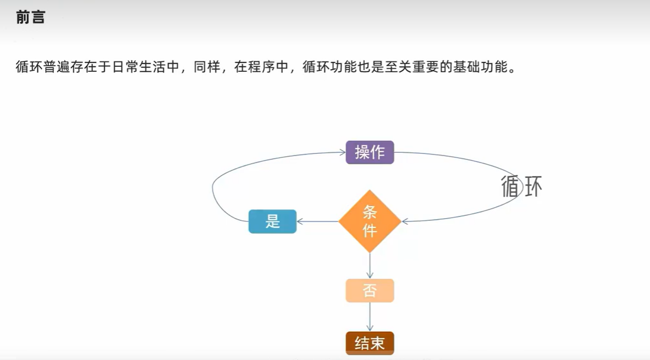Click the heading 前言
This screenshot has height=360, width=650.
[x=30, y=17]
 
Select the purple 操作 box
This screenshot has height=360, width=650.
[x=370, y=152]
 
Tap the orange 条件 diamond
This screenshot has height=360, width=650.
[x=370, y=221]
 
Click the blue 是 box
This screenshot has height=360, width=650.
[x=273, y=221]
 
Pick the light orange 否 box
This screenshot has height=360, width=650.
[x=370, y=291]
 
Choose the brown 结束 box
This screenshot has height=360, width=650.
[x=370, y=343]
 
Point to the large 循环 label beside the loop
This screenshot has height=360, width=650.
[x=522, y=187]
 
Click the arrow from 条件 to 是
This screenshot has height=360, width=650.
[x=318, y=221]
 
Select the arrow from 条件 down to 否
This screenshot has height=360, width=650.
[x=370, y=266]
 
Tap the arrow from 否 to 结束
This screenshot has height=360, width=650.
[x=370, y=317]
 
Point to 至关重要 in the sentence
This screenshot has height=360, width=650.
[x=406, y=69]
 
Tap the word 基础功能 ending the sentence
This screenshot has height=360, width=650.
[x=473, y=69]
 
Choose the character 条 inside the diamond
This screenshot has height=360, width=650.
[x=370, y=212]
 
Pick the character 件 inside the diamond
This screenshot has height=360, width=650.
[x=370, y=231]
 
